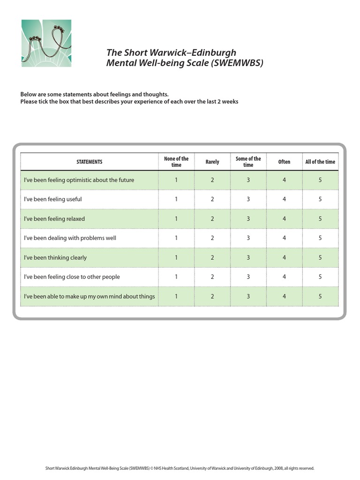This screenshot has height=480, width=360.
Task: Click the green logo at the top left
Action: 46,44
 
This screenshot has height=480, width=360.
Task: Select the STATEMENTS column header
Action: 89,162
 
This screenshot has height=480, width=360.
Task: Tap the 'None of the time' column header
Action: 176,162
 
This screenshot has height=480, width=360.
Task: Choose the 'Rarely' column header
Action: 212,162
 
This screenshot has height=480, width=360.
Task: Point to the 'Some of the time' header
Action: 248,162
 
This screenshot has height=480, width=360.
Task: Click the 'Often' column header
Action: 284,162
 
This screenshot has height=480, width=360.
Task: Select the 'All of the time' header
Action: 320,162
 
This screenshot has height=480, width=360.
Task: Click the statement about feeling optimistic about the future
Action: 79,180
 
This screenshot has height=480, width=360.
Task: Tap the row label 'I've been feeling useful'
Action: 53,199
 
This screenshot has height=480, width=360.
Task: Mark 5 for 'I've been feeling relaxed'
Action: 320,219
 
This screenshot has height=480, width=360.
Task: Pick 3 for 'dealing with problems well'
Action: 248,238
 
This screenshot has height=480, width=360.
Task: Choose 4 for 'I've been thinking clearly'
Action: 284,258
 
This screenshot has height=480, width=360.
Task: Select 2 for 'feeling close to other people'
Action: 212,277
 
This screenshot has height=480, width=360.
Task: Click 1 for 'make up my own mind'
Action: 176,296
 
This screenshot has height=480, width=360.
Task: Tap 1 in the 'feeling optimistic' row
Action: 176,180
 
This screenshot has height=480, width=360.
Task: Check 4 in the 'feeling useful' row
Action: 284,199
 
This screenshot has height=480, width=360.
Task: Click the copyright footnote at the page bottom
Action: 180,468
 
